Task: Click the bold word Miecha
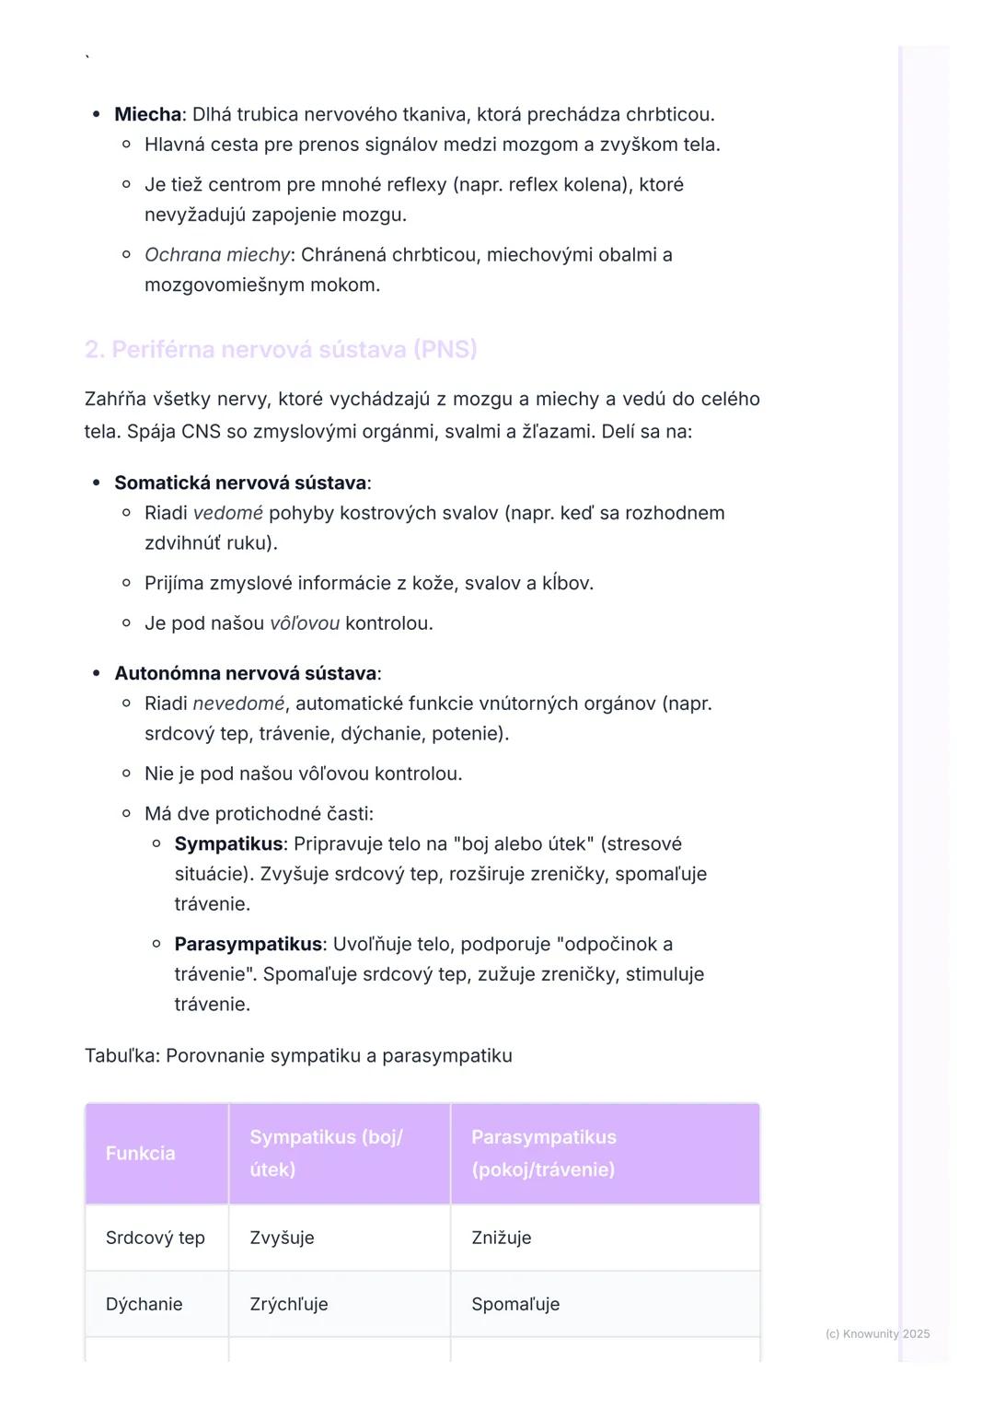(147, 114)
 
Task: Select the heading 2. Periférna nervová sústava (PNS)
(281, 349)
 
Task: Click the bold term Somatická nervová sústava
(240, 483)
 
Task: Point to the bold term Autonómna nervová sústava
(246, 673)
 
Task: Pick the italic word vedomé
(228, 513)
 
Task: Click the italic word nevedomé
(238, 703)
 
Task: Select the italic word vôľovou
(305, 623)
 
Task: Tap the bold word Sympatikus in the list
(228, 843)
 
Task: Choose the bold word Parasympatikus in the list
(248, 944)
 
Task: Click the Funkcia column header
(140, 1153)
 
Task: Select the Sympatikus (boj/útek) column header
(326, 1153)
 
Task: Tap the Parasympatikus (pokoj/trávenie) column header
(543, 1153)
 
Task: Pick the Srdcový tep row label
(155, 1238)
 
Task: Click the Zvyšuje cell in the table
(282, 1238)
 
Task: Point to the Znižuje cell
(501, 1238)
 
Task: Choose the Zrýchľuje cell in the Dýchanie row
(288, 1304)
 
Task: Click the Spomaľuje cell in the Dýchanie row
(515, 1304)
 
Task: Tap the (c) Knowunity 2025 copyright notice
(877, 1333)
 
